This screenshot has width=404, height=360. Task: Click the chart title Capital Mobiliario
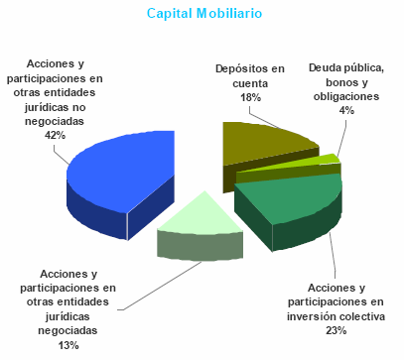pyautogui.click(x=205, y=14)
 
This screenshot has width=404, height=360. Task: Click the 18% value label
pyautogui.click(x=250, y=98)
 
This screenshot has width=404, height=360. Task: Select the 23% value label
pyautogui.click(x=336, y=329)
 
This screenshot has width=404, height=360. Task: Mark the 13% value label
pyautogui.click(x=67, y=344)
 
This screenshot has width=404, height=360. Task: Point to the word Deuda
pyautogui.click(x=325, y=68)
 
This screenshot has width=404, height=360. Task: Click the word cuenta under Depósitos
pyautogui.click(x=250, y=83)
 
